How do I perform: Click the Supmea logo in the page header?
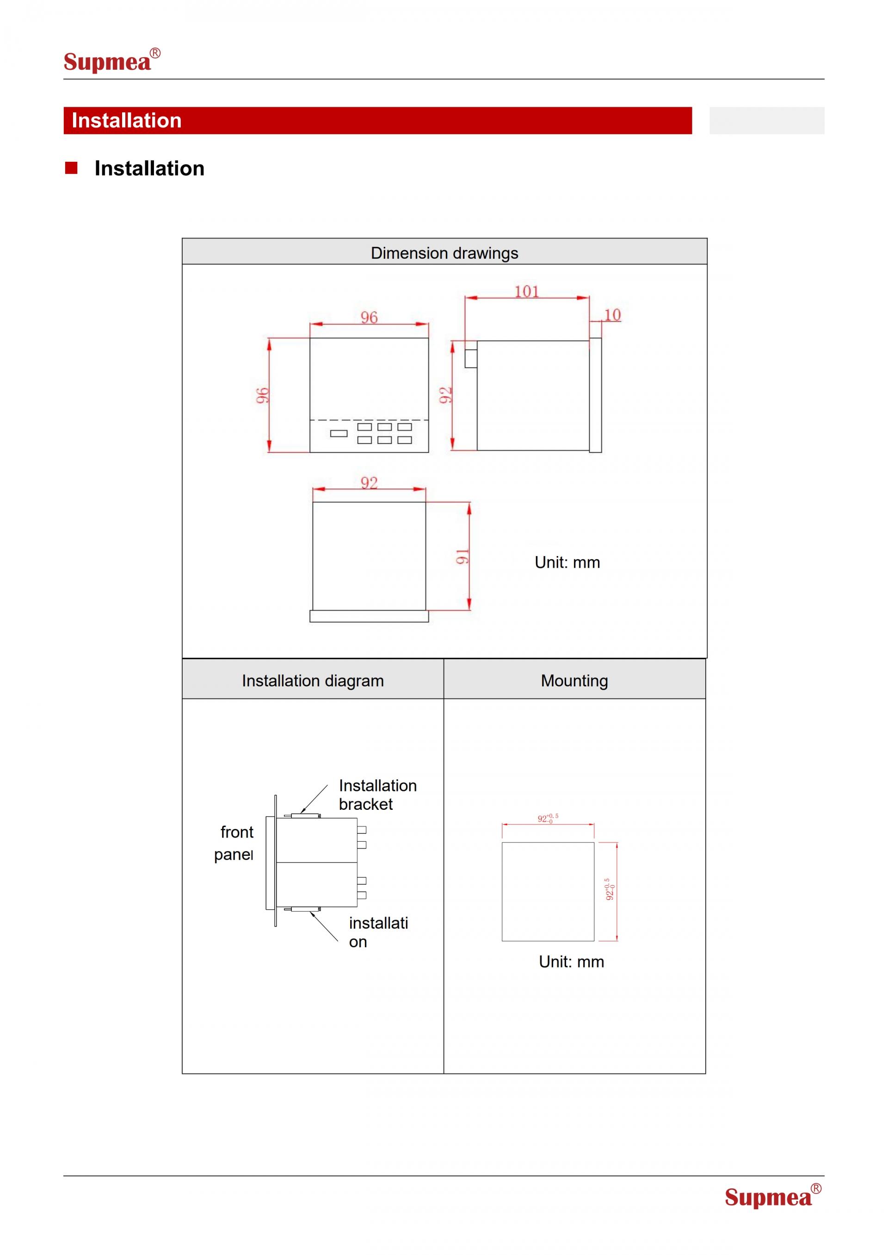pyautogui.click(x=112, y=60)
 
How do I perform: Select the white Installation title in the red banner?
pyautogui.click(x=126, y=120)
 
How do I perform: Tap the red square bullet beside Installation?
pyautogui.click(x=71, y=168)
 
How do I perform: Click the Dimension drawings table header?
pyautogui.click(x=444, y=252)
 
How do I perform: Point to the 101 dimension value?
pyautogui.click(x=527, y=291)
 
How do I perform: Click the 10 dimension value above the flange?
pyautogui.click(x=612, y=315)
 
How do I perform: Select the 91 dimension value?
pyautogui.click(x=462, y=557)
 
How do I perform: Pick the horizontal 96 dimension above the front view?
pyautogui.click(x=369, y=318)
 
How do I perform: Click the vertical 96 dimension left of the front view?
pyautogui.click(x=262, y=395)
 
